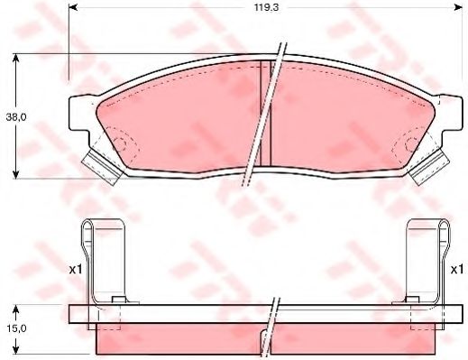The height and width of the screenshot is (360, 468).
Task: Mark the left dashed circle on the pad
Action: tap(121, 143)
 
